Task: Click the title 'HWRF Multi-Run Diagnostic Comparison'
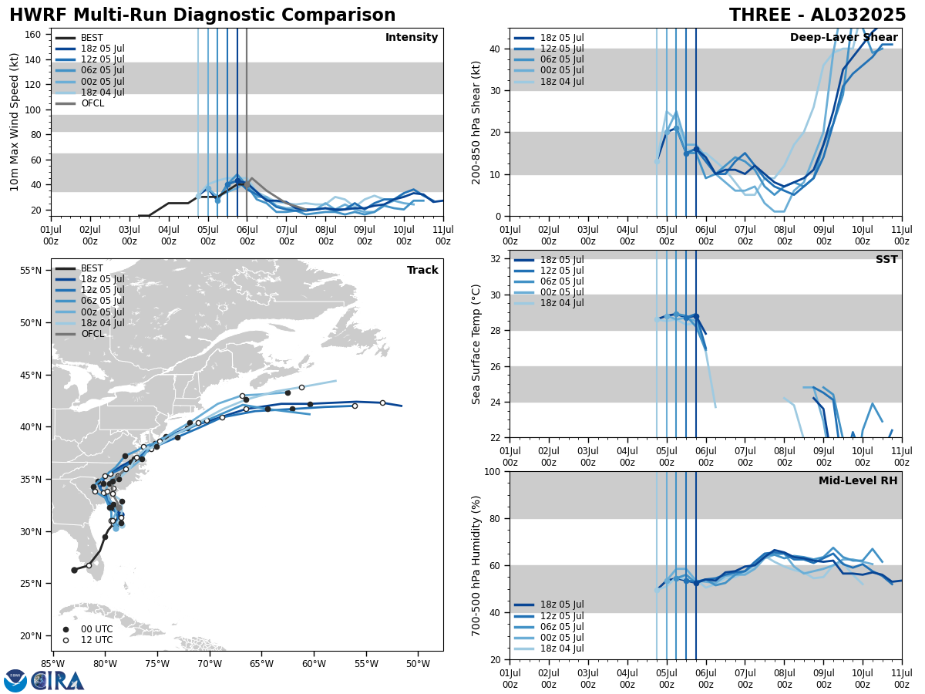(x=202, y=15)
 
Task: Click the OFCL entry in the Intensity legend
(x=92, y=103)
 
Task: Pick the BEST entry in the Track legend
(x=92, y=268)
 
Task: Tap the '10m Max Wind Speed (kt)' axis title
(x=14, y=122)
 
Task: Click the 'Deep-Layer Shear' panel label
(x=843, y=38)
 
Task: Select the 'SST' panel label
(x=886, y=260)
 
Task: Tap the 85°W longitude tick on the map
(x=52, y=664)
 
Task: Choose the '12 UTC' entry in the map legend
(x=96, y=640)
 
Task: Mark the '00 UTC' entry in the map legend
(x=96, y=629)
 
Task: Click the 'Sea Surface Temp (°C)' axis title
(x=476, y=344)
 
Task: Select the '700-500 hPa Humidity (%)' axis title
(x=476, y=565)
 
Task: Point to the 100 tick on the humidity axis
(x=493, y=471)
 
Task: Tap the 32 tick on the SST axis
(x=496, y=258)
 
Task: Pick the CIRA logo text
(x=57, y=681)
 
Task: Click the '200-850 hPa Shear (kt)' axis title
(x=476, y=122)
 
